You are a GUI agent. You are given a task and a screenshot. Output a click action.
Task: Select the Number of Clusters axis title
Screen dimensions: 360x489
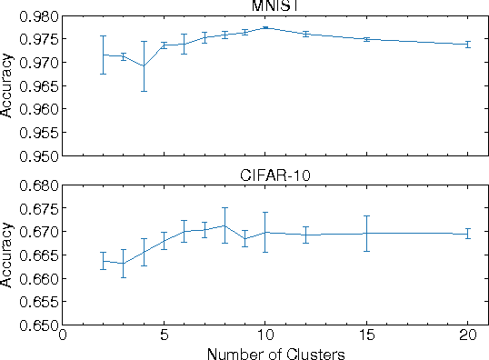[275, 354]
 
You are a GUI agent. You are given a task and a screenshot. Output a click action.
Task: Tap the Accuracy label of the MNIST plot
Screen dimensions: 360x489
[7, 85]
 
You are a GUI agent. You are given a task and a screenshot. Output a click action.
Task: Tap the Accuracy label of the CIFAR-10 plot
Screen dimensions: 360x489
[7, 255]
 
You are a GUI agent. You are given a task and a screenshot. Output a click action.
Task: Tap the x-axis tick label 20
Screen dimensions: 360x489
[467, 336]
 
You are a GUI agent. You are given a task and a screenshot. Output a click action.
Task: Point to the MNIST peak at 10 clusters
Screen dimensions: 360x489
[264, 27]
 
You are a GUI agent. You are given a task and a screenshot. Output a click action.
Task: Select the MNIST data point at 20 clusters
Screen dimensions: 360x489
[467, 44]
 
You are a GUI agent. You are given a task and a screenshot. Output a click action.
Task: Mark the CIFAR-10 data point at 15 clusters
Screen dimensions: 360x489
[366, 233]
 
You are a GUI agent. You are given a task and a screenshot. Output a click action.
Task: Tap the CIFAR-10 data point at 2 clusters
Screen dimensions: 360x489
[103, 261]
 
